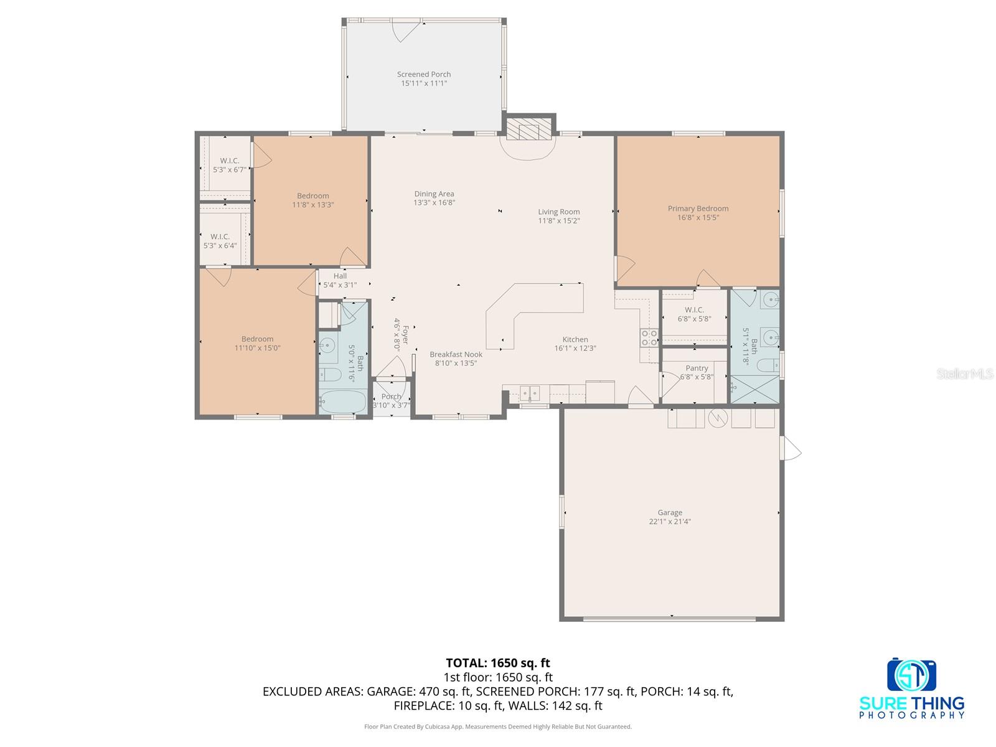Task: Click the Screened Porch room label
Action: coord(424,75)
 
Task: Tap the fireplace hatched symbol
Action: coord(529,130)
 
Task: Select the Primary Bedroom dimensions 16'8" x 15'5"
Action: coord(698,217)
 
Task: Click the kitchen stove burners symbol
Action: coord(649,338)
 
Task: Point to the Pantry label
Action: coord(697,369)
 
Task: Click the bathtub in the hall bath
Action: coord(343,402)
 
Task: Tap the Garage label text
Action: coord(670,513)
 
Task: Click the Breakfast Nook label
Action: coord(456,355)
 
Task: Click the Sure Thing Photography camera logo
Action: coord(912,675)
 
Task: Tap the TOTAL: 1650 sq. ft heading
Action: coord(497,663)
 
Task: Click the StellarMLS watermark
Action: coord(965,374)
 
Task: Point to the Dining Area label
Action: coord(434,194)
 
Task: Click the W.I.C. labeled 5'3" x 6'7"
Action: coord(230,165)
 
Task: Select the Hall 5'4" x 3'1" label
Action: coord(340,280)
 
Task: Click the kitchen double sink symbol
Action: coord(530,393)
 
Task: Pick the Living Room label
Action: coord(559,212)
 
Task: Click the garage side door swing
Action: coord(791,448)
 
